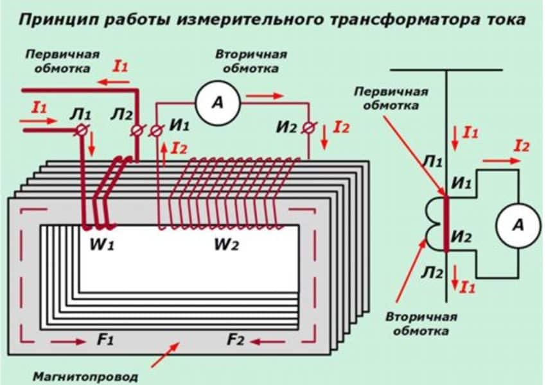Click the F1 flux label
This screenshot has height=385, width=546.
(105, 340)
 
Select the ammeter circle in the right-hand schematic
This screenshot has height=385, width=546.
(518, 225)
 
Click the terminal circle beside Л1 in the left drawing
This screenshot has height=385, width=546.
(82, 130)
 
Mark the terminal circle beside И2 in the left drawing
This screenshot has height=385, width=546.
(309, 127)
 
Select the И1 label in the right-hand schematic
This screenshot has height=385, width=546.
(461, 185)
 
